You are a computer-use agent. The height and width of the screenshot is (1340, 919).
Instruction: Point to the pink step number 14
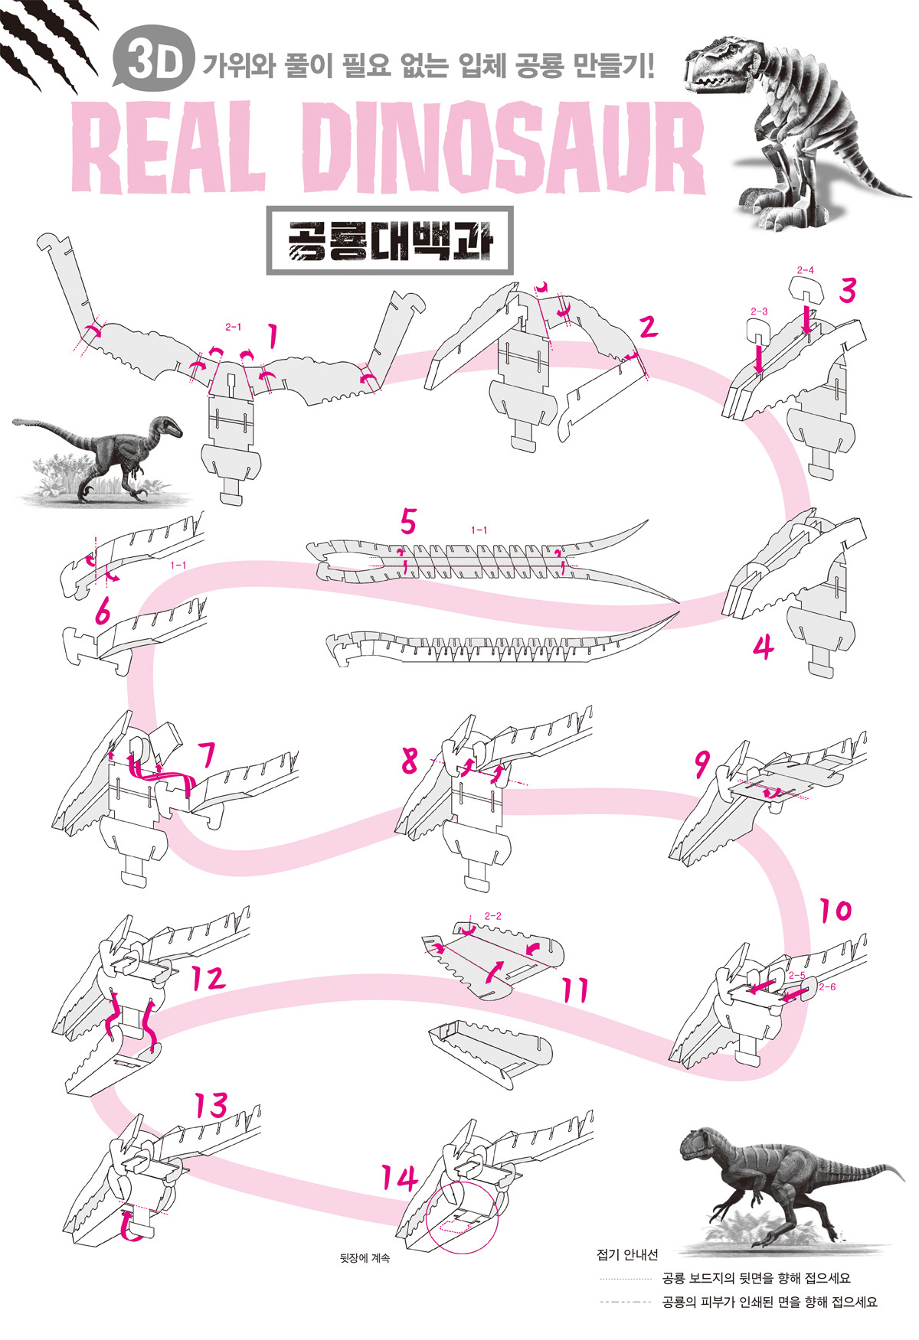click(x=400, y=1179)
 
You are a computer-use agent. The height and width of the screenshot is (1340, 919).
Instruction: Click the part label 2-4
click(x=805, y=270)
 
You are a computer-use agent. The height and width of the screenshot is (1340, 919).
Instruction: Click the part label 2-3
click(x=758, y=311)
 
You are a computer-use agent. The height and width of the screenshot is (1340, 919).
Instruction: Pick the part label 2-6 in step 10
click(x=826, y=986)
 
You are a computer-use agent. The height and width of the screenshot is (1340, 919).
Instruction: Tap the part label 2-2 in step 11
click(x=492, y=915)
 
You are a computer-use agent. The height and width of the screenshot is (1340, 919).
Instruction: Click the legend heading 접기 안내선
click(x=626, y=1254)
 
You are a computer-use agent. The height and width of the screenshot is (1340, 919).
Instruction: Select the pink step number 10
click(x=835, y=911)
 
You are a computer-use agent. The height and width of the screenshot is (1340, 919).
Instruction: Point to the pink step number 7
click(x=205, y=755)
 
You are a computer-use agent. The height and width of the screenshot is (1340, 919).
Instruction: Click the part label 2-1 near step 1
click(x=233, y=327)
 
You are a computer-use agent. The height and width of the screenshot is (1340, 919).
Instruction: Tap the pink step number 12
click(x=208, y=978)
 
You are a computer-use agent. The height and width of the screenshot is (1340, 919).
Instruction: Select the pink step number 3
click(x=847, y=291)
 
